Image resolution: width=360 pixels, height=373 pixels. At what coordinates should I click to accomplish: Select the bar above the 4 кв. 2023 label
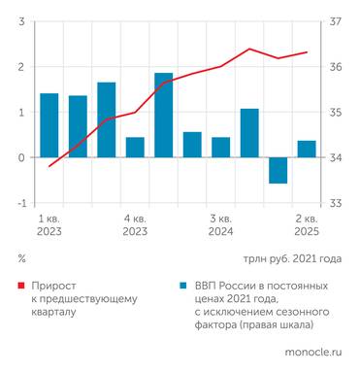[x=135, y=147]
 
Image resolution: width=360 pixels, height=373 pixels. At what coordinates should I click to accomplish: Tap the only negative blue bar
[x=278, y=170]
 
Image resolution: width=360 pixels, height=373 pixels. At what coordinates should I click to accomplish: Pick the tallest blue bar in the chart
[x=163, y=115]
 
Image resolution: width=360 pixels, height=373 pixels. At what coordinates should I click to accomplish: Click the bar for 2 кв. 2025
[x=307, y=149]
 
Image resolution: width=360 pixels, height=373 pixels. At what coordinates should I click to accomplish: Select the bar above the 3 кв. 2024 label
[x=220, y=147]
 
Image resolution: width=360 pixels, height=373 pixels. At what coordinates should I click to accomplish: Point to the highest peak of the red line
[x=249, y=49]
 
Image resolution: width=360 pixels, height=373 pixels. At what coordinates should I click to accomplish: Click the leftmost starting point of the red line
[x=49, y=166]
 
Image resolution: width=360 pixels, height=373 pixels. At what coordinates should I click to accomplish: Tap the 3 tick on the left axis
[x=21, y=21]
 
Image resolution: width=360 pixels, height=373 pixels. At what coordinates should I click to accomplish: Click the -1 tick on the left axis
[x=19, y=203]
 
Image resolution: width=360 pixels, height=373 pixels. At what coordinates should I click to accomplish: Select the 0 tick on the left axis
[x=21, y=157]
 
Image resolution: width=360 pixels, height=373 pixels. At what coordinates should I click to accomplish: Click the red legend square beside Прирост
[x=21, y=287]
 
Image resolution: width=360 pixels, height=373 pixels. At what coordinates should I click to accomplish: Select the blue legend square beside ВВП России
[x=183, y=287]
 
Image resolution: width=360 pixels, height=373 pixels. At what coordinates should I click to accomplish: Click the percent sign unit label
[x=21, y=259]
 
